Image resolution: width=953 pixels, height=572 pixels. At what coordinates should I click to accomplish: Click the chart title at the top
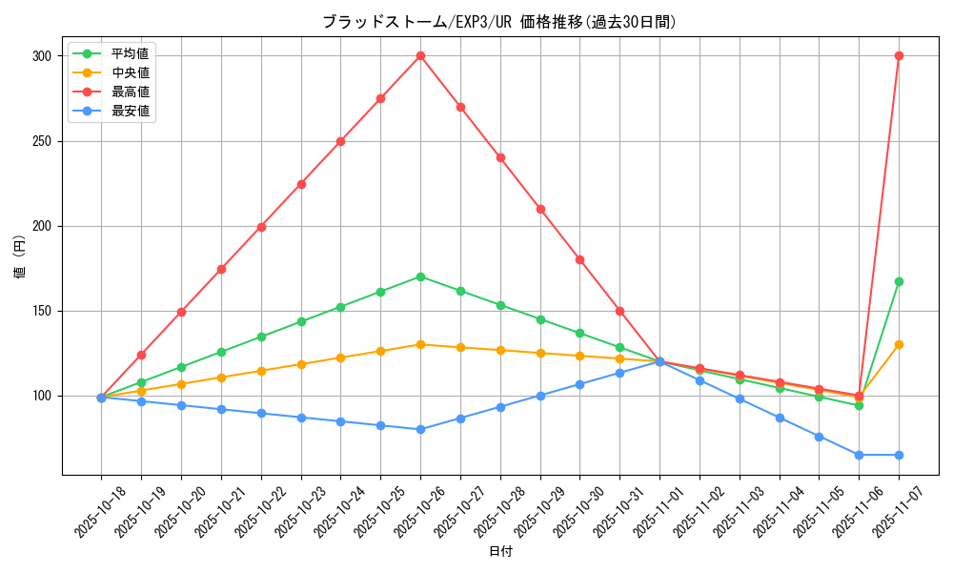coord(499,22)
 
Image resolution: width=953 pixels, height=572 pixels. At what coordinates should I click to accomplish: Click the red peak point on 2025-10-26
coord(420,55)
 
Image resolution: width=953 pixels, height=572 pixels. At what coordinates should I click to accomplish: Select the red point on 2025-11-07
coord(899,55)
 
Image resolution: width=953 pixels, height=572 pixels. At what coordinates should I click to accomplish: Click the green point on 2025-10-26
coord(420,276)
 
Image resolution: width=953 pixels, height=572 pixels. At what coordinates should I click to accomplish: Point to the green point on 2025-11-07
coord(899,281)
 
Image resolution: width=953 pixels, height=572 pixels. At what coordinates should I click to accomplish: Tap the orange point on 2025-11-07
coord(899,344)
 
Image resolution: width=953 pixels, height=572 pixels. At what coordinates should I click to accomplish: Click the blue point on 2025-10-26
coord(420,429)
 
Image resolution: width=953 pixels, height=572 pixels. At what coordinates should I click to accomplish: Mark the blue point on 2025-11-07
coord(899,455)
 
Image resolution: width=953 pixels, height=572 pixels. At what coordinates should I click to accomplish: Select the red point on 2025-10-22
coord(261,227)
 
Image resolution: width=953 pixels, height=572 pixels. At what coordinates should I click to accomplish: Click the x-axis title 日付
coord(500,552)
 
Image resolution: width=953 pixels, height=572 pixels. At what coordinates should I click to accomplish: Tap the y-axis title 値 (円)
coord(20,256)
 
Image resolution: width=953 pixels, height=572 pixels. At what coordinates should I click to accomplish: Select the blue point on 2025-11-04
coord(780,418)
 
